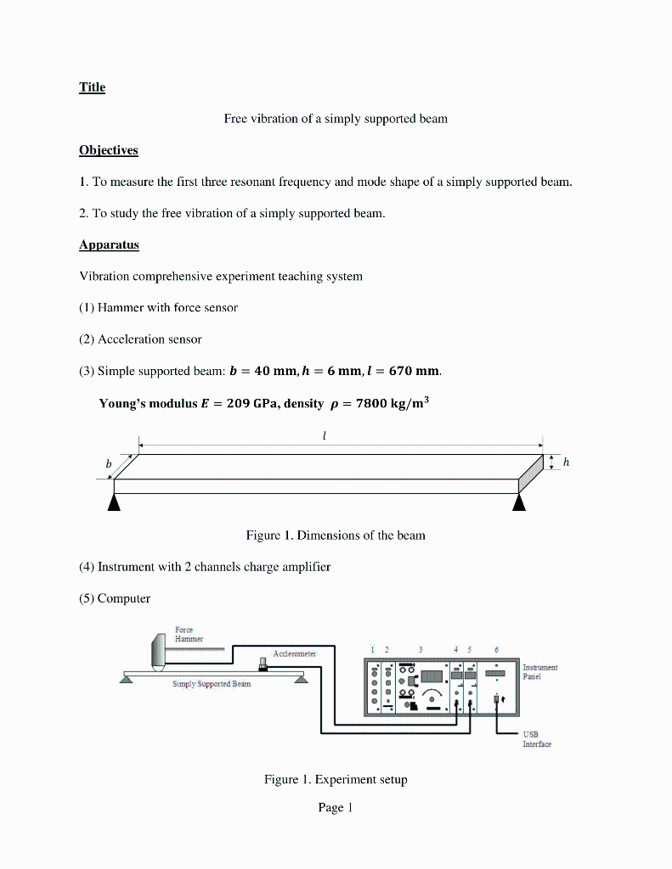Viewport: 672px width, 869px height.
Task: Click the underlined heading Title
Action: tap(92, 87)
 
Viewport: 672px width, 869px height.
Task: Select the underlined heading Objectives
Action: tap(108, 150)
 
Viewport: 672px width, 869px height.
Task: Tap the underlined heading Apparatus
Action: tap(109, 245)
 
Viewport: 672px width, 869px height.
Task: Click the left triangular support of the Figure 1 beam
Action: tap(114, 503)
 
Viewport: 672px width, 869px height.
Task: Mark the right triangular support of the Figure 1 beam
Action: tap(518, 503)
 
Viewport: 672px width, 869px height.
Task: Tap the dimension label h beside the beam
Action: tap(566, 462)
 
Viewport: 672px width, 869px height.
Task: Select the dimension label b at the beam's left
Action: tap(108, 464)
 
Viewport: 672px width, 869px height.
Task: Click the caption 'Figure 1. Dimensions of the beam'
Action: tap(336, 535)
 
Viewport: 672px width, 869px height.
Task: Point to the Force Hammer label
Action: tap(184, 634)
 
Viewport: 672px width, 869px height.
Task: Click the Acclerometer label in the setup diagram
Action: tap(294, 653)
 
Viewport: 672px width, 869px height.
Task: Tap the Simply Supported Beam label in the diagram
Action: tap(211, 683)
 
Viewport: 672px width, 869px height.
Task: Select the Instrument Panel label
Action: tap(539, 672)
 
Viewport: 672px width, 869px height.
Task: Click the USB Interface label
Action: tap(536, 739)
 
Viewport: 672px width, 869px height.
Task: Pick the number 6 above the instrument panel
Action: tap(496, 649)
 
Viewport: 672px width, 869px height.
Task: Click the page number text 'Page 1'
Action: tap(335, 808)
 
